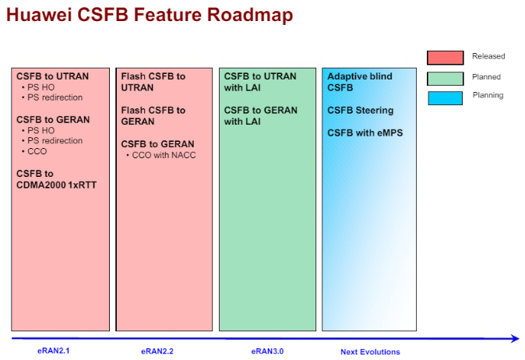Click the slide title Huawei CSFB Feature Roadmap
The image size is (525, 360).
tap(150, 15)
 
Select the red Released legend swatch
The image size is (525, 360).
tap(445, 58)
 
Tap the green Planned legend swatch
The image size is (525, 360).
tap(445, 79)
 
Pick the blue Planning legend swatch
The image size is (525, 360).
tap(445, 98)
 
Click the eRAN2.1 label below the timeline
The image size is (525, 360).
tap(53, 351)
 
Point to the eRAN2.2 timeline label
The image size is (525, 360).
tap(157, 351)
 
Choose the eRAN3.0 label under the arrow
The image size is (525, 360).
tap(267, 351)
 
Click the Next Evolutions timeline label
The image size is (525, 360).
tap(370, 352)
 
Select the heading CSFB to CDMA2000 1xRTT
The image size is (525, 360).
tap(56, 179)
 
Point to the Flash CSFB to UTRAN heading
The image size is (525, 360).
tap(153, 82)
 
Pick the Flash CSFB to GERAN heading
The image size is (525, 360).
tap(153, 116)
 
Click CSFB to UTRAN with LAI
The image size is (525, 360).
tap(260, 82)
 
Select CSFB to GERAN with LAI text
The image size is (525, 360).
tap(260, 116)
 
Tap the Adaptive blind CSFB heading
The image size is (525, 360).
tap(360, 82)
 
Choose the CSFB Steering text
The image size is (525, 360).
tap(361, 110)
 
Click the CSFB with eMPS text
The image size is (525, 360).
tap(365, 133)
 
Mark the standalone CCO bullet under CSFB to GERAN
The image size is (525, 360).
tap(34, 151)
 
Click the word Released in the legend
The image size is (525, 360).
tap(488, 56)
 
